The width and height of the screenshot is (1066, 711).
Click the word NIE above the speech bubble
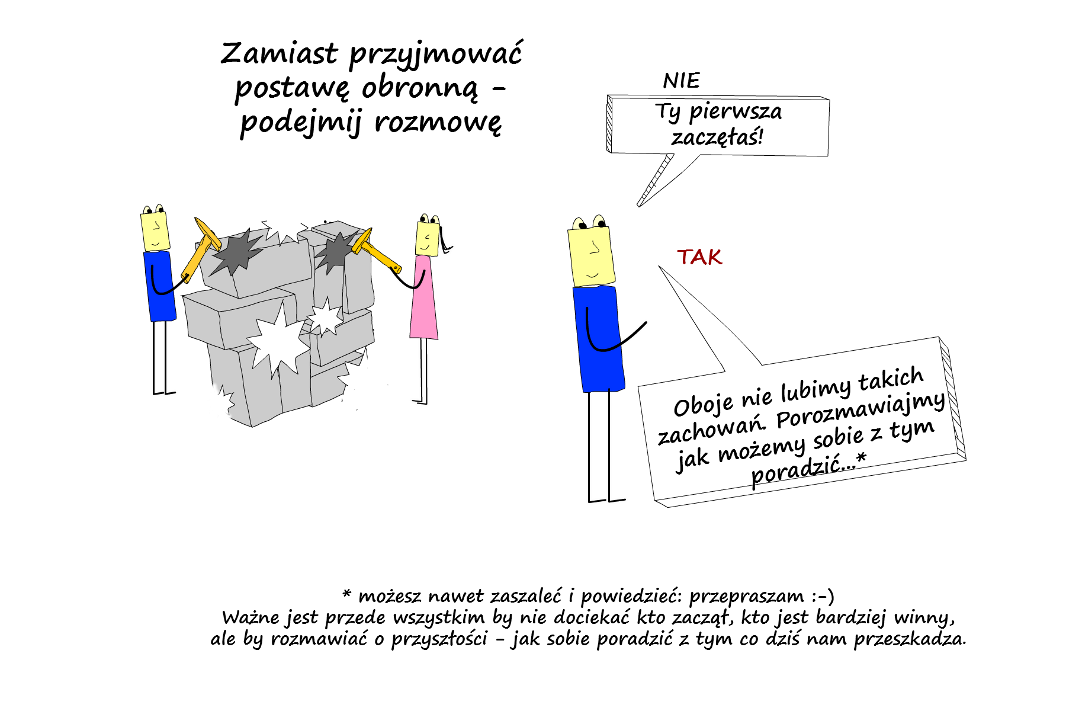click(681, 81)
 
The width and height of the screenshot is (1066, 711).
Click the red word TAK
click(699, 257)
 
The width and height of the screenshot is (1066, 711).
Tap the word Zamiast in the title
click(280, 53)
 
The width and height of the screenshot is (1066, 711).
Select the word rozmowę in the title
click(438, 123)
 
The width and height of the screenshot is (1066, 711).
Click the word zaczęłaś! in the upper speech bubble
click(717, 137)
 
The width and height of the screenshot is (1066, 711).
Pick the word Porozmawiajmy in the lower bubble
click(860, 410)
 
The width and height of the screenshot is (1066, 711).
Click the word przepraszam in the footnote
click(747, 596)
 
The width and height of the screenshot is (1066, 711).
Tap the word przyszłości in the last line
click(439, 639)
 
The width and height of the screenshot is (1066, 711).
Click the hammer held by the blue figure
click(199, 248)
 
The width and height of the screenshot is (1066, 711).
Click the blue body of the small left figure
click(159, 286)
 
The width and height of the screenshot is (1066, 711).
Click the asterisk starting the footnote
click(347, 593)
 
